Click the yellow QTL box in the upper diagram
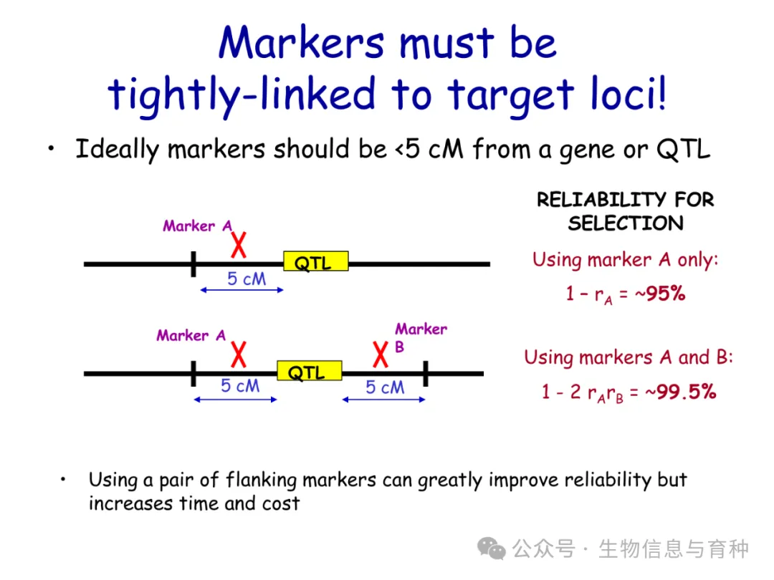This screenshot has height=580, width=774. pyautogui.click(x=316, y=261)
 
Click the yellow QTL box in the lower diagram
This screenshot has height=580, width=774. pyautogui.click(x=310, y=371)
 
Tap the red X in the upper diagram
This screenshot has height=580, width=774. pyautogui.click(x=239, y=245)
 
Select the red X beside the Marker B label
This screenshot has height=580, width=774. pyautogui.click(x=381, y=354)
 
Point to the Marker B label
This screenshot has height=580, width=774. pyautogui.click(x=421, y=337)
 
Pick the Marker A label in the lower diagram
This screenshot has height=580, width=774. pyautogui.click(x=191, y=335)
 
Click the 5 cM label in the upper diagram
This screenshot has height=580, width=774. pyautogui.click(x=247, y=279)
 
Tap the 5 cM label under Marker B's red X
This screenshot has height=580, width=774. pyautogui.click(x=385, y=387)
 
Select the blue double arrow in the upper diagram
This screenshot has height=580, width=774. pyautogui.click(x=242, y=290)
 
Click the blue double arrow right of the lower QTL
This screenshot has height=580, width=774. pyautogui.click(x=383, y=400)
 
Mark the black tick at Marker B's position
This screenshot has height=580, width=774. pyautogui.click(x=426, y=373)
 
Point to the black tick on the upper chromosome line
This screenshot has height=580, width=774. pyautogui.click(x=193, y=264)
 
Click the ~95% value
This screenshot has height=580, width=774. pyautogui.click(x=660, y=294)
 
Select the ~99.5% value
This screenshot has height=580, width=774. pyautogui.click(x=681, y=392)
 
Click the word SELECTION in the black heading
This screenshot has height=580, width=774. pyautogui.click(x=626, y=223)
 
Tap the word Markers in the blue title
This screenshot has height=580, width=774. pyautogui.click(x=302, y=43)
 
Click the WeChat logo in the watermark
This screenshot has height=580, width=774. pyautogui.click(x=491, y=548)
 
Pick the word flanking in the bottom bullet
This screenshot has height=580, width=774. pyautogui.click(x=261, y=480)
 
